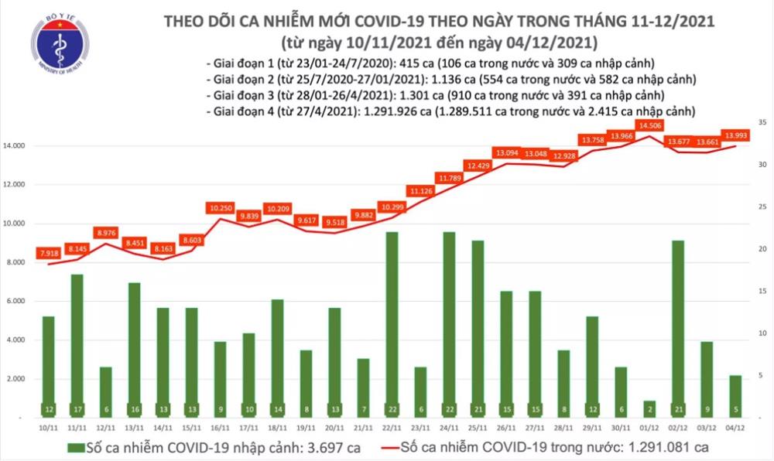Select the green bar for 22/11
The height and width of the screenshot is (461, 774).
392,325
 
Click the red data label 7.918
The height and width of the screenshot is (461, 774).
49,251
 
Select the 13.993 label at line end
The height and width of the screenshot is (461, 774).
736,135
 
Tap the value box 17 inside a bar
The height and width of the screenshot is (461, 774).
76,408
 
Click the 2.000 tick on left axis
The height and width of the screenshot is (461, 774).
20,379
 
